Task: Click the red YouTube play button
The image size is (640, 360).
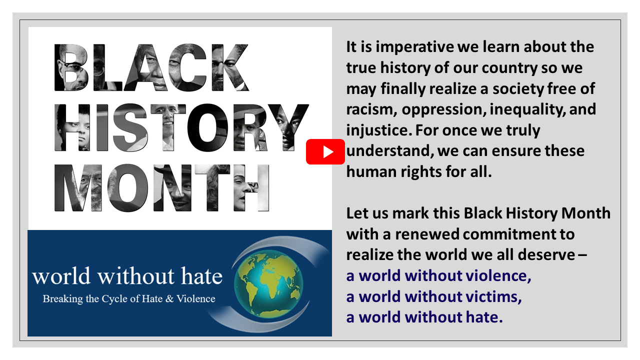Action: click(325, 151)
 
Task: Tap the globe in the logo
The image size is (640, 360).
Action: click(268, 283)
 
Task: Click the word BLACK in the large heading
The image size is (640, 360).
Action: click(151, 67)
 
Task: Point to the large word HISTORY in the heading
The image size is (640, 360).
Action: click(181, 127)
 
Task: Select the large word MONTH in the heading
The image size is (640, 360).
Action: click(161, 187)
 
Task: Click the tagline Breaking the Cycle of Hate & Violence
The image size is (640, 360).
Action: click(129, 299)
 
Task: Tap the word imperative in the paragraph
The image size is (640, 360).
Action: click(414, 47)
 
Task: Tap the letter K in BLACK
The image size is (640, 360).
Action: click(230, 67)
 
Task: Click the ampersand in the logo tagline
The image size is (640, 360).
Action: click(169, 299)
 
